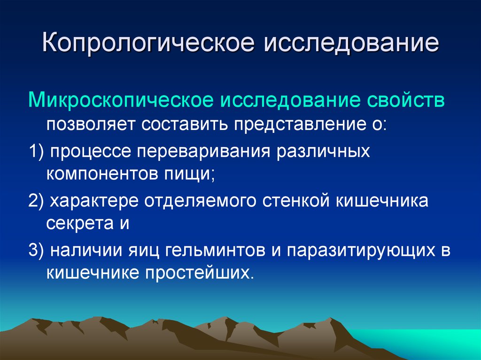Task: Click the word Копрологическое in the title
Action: click(148, 43)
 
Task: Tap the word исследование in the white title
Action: click(351, 43)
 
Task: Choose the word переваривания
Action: click(203, 152)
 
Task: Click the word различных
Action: click(323, 152)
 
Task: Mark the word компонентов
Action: click(101, 174)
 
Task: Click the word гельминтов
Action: click(215, 250)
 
